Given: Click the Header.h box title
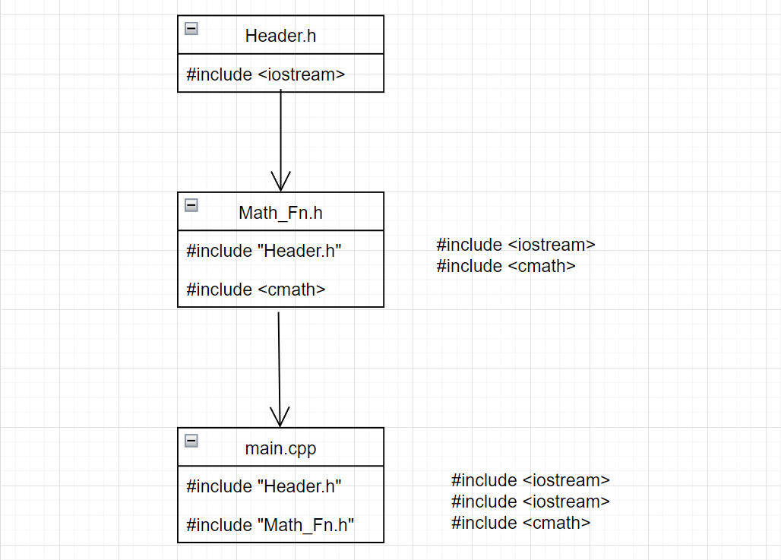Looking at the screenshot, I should (x=280, y=35).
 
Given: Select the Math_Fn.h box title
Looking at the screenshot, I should (x=280, y=213).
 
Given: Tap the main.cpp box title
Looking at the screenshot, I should (x=280, y=448).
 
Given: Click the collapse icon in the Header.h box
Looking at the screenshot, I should (x=191, y=29).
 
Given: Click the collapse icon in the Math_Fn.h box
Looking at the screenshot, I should (x=191, y=205).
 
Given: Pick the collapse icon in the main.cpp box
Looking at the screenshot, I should (x=191, y=441).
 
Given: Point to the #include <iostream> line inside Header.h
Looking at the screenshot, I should (x=266, y=74).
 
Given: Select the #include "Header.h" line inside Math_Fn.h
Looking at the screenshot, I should (x=264, y=251).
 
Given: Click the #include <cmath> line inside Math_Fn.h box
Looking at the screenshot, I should (x=256, y=289).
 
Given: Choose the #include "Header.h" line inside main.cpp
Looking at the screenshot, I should (x=264, y=486).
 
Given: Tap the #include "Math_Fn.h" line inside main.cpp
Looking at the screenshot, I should (x=270, y=524).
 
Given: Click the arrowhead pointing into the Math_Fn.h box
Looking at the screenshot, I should (x=281, y=182).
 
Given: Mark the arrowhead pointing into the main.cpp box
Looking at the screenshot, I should (x=280, y=417).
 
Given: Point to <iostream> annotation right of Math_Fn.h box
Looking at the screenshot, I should (x=516, y=245).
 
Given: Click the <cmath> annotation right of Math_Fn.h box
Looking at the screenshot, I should (x=506, y=266).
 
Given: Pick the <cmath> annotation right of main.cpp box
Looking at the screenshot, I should (x=520, y=523).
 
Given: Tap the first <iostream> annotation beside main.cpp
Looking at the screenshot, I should (x=530, y=480).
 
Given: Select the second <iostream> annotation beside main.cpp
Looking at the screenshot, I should (x=530, y=501).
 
